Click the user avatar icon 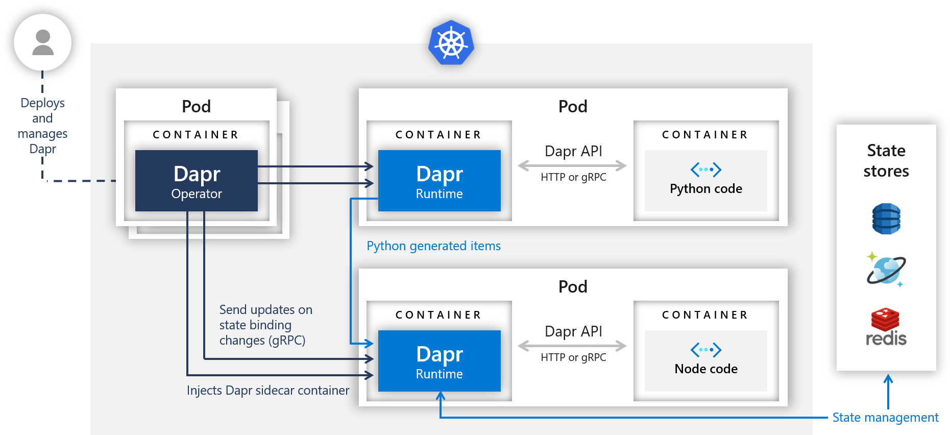click(x=42, y=42)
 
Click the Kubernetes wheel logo click(x=451, y=43)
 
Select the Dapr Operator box click(x=197, y=181)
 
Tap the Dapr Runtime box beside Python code click(x=439, y=181)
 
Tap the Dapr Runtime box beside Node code click(x=439, y=361)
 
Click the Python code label click(x=706, y=189)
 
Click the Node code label click(x=706, y=369)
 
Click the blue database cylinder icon click(x=886, y=219)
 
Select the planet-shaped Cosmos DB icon click(x=886, y=270)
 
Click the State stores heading click(x=886, y=161)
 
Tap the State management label click(x=885, y=418)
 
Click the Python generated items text click(x=433, y=246)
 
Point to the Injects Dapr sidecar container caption click(x=268, y=391)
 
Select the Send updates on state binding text click(x=265, y=325)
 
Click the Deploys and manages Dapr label click(x=42, y=126)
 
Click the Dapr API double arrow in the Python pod click(x=572, y=165)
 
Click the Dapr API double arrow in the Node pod click(x=572, y=346)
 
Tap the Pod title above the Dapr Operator click(x=197, y=106)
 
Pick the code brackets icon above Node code click(x=706, y=350)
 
